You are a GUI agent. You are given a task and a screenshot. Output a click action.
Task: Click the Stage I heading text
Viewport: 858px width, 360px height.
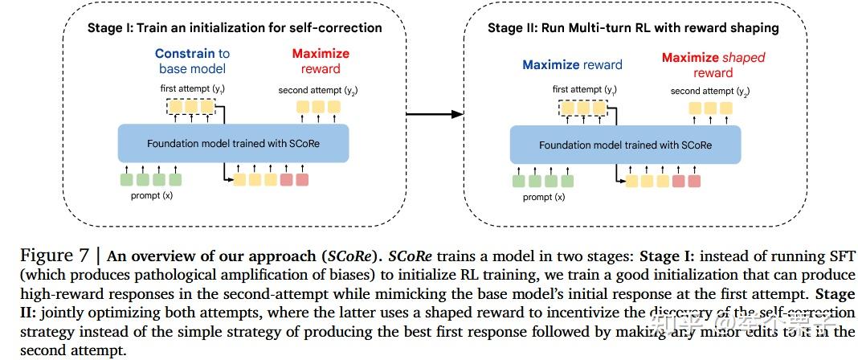point(234,28)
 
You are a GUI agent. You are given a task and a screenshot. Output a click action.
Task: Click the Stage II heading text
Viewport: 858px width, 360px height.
point(633,28)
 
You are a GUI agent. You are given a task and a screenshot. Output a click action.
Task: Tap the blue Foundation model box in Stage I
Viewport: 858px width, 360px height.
point(235,144)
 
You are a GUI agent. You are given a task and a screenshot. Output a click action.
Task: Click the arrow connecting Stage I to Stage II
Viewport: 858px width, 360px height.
point(441,114)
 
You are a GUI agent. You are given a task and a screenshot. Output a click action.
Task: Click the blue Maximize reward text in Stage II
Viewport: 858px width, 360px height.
point(572,65)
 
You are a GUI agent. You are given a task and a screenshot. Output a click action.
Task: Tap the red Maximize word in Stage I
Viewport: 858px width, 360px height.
point(321,54)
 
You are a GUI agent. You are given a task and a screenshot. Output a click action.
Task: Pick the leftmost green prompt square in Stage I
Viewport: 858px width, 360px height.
point(127,180)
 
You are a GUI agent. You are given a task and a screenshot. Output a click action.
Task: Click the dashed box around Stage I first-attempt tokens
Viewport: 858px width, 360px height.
point(192,106)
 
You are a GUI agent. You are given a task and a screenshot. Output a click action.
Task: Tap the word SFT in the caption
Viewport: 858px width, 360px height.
point(837,257)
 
